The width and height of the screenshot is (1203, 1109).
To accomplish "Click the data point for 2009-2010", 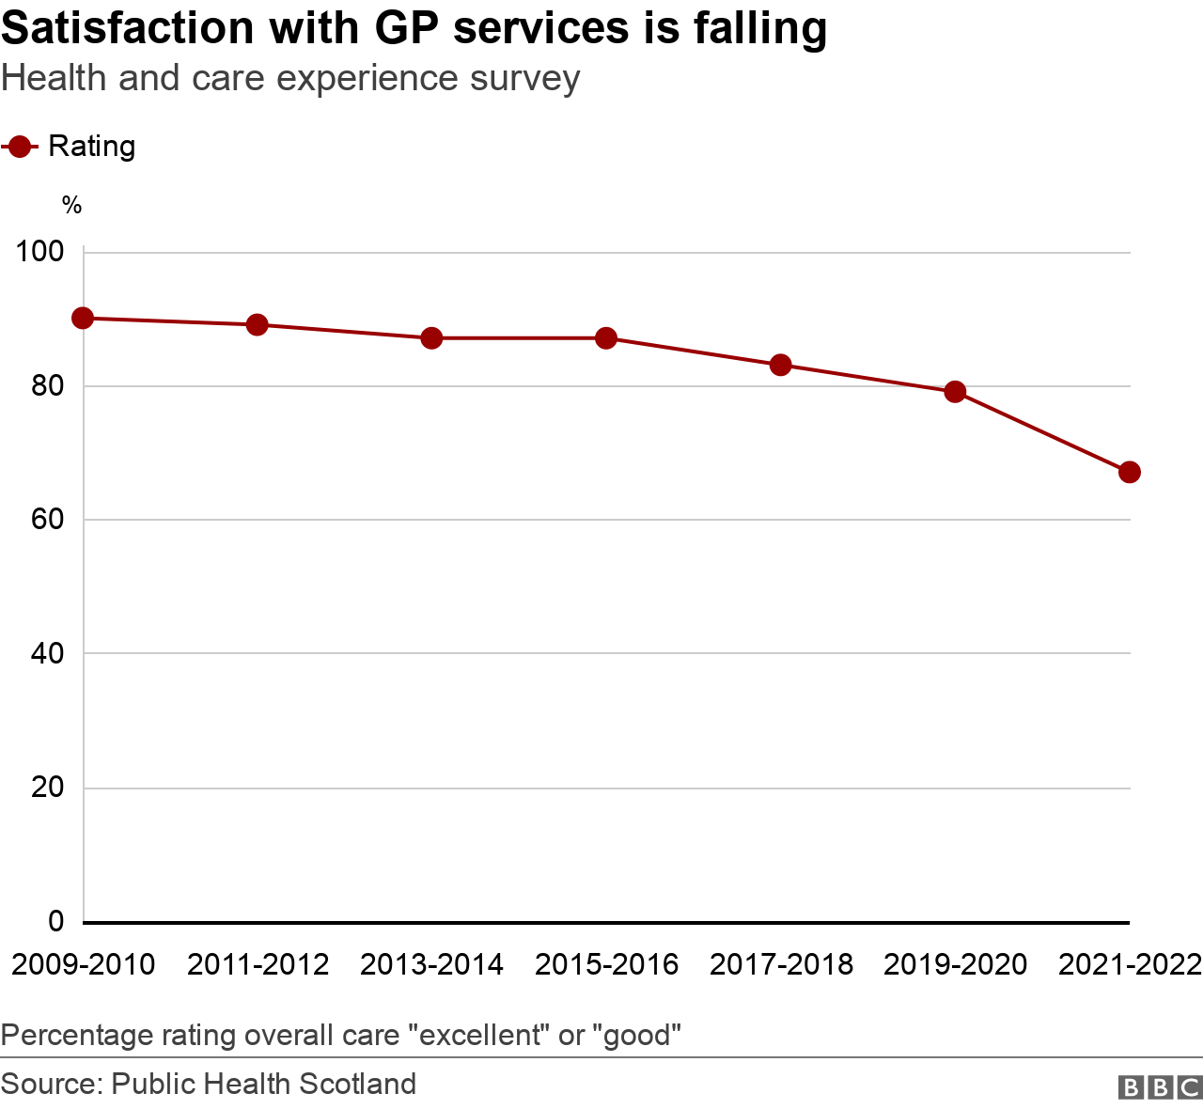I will pos(83,318).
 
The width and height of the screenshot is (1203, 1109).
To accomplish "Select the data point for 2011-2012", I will pos(257,325).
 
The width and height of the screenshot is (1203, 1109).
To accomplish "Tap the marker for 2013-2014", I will pos(431,338).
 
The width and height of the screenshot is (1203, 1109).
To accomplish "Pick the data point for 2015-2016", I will pos(606,338).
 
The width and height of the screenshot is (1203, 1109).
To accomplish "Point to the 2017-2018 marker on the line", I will pos(780,365).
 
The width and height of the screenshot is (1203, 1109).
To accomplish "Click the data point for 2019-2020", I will pos(955,392).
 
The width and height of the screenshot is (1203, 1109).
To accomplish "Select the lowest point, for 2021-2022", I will pos(1130,472).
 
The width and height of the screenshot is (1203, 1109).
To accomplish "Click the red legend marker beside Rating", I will pos(19,147).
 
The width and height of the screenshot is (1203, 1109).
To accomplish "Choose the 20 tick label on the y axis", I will pos(47,788).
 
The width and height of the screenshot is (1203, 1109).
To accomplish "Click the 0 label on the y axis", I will pos(56,921).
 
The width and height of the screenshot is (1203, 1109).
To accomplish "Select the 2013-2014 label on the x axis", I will pos(431,965).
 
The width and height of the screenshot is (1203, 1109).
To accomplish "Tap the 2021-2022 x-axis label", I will pos(1130,965).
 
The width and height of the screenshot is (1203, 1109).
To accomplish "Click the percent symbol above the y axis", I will pos(71,206).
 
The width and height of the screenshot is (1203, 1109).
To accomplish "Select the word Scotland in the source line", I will pos(357,1084).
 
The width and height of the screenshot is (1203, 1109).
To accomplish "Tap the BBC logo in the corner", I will pos(1160,1086).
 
